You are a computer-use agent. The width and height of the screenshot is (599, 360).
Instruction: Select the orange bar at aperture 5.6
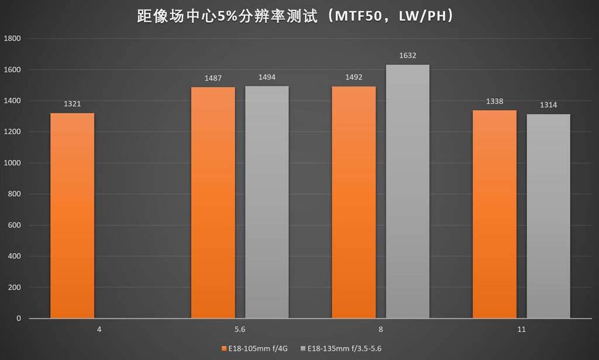click(213, 203)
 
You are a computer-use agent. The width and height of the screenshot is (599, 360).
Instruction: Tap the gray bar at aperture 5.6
click(267, 202)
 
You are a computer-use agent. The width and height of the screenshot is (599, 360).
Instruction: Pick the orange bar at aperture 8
click(354, 203)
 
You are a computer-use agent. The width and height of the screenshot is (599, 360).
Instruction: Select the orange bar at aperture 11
click(494, 214)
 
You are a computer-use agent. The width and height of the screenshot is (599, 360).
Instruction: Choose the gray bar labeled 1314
click(548, 216)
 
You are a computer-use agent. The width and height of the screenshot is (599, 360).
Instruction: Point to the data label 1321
click(72, 104)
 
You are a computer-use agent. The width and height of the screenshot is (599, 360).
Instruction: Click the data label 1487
click(213, 78)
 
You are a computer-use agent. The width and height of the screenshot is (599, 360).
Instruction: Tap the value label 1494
click(267, 77)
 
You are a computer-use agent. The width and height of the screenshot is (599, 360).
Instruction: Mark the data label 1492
click(354, 78)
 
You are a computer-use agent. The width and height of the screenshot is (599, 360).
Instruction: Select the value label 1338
click(494, 101)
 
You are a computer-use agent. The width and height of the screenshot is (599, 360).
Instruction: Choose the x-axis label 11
click(521, 330)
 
